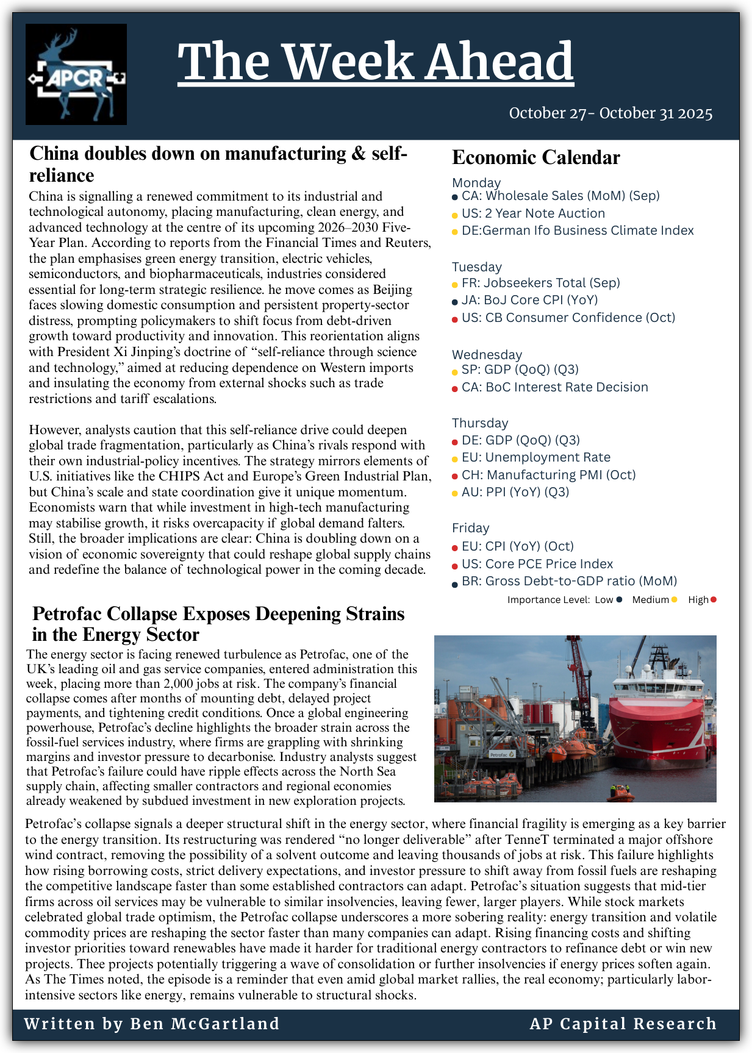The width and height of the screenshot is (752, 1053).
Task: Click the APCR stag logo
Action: point(76,74)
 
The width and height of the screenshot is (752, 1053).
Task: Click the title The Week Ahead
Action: point(376,62)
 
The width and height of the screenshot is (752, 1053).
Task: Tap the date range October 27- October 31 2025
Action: point(611,113)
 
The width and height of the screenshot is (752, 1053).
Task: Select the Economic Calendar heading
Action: point(535,158)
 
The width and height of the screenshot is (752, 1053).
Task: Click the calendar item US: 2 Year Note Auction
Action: point(533,213)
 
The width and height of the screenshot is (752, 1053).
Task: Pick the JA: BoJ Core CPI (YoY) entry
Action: point(529,300)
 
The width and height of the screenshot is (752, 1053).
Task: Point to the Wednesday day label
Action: point(487,355)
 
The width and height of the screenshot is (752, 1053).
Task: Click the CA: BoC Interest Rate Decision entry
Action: point(554,387)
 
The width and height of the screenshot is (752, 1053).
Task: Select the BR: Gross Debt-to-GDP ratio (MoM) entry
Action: point(569,581)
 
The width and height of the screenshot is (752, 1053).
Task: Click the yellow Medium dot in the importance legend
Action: point(674,600)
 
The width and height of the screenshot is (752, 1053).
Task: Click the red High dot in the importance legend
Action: point(714,600)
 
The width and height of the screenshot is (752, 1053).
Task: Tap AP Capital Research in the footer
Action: point(623,1024)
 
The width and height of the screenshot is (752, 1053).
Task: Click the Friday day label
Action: point(470,528)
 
